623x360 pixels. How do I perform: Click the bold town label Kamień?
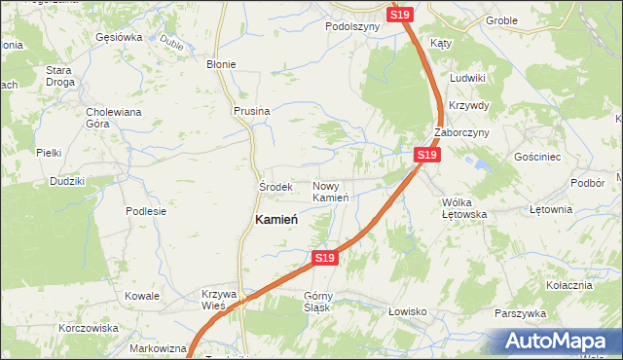pyautogui.click(x=275, y=220)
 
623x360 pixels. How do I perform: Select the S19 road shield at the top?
pyautogui.click(x=400, y=15)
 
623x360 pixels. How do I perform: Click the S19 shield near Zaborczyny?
pyautogui.click(x=425, y=155)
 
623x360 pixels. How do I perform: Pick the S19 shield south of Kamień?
pyautogui.click(x=325, y=258)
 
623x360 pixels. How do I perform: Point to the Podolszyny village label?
pyautogui.click(x=351, y=27)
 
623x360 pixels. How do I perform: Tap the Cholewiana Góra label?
pyautogui.click(x=114, y=118)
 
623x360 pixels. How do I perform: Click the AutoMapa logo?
pyautogui.click(x=558, y=342)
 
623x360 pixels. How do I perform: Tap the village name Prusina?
pyautogui.click(x=251, y=112)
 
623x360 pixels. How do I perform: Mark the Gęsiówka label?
pyautogui.click(x=119, y=37)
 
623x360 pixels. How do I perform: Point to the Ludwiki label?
pyautogui.click(x=467, y=77)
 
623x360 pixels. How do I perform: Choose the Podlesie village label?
pyautogui.click(x=146, y=210)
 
